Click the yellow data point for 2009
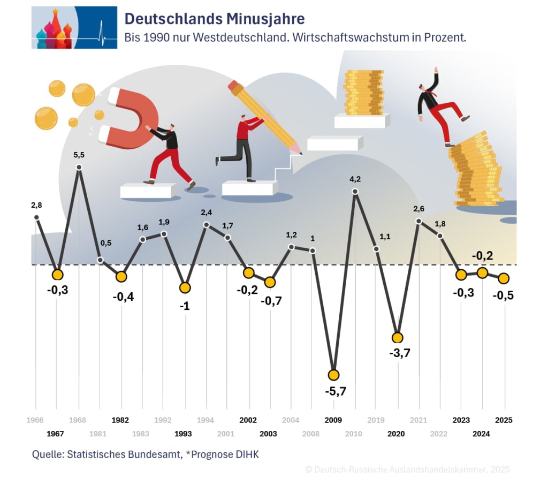(x=334, y=375)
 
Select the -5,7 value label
(x=336, y=391)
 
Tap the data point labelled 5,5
(x=79, y=167)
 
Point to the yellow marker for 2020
(x=397, y=338)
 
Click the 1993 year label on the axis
(x=183, y=434)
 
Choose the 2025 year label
(x=504, y=420)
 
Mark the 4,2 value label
(x=355, y=179)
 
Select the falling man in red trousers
(x=441, y=107)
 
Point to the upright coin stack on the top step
(x=363, y=92)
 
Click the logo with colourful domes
(x=74, y=28)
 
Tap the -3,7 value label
(x=399, y=353)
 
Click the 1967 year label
(x=56, y=434)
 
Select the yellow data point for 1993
(x=185, y=287)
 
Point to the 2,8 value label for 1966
(x=36, y=204)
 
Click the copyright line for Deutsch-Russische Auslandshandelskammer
(x=407, y=469)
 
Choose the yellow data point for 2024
(x=482, y=273)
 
